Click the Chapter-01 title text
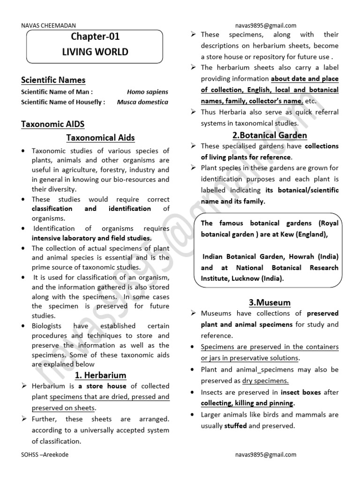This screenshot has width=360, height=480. (x=95, y=37)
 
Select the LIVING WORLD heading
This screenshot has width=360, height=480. (x=95, y=52)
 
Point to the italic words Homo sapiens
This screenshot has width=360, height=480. (x=147, y=92)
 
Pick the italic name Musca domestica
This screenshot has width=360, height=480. (x=142, y=102)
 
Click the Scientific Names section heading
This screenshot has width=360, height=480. (x=53, y=80)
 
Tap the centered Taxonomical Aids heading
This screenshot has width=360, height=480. (x=100, y=138)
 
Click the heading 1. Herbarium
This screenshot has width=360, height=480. (x=100, y=375)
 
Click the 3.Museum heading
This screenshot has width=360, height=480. (x=270, y=302)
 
